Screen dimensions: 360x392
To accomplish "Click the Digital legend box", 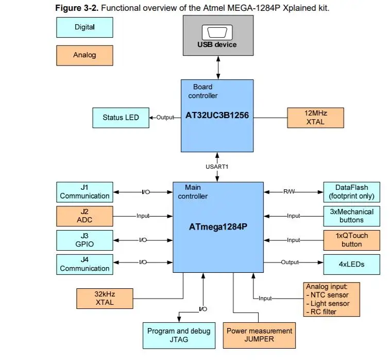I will [84, 27].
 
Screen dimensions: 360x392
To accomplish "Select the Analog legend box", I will [84, 55].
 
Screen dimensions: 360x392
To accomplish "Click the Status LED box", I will [121, 118].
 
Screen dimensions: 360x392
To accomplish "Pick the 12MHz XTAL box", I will [315, 117].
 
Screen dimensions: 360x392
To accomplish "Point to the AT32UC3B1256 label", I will [217, 116].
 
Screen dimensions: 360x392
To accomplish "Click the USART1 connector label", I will [217, 166].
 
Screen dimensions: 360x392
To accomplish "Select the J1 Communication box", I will [84, 191].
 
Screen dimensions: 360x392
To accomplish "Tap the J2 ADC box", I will [84, 216].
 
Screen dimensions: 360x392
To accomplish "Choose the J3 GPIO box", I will [84, 240].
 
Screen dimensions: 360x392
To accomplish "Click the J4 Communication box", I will [84, 264].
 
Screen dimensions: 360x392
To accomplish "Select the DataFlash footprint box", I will [351, 192].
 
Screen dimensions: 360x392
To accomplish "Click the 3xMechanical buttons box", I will [351, 216].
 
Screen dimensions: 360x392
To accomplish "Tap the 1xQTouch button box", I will [351, 240].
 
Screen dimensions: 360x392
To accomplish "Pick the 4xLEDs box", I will [351, 264].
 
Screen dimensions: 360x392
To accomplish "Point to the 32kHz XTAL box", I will [105, 298].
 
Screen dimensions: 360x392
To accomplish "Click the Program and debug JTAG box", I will [179, 335].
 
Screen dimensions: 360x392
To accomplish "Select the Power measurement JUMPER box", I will [259, 335].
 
